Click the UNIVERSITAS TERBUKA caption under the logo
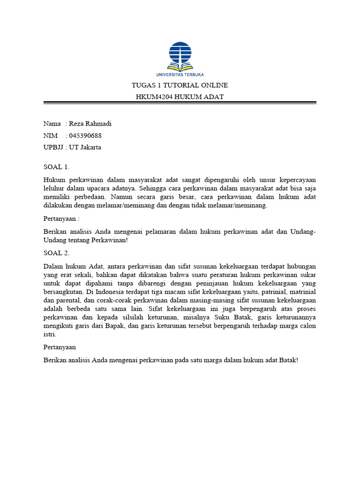[x=180, y=74]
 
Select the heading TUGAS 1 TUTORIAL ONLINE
[x=180, y=85]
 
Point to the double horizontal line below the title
[x=180, y=103]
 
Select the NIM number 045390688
[x=85, y=135]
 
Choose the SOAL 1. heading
[x=56, y=166]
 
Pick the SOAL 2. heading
[x=56, y=253]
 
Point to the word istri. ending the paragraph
[x=50, y=335]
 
